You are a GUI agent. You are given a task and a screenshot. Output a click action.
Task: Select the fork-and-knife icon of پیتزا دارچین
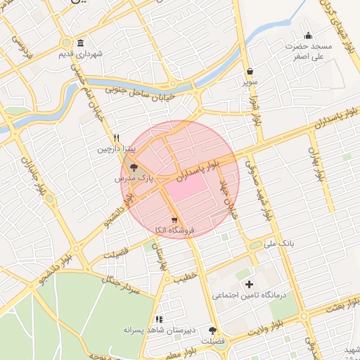117,139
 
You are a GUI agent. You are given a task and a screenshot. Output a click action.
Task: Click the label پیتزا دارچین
114,150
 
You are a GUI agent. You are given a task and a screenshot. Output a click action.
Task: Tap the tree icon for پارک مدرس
134,167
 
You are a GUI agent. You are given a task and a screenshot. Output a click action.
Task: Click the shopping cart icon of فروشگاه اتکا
174,219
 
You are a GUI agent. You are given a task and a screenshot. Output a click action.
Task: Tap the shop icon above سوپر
250,71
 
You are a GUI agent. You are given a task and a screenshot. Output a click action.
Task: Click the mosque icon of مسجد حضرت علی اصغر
307,36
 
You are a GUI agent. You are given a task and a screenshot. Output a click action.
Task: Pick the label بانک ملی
278,243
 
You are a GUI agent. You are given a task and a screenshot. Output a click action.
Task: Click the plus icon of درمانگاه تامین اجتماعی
248,284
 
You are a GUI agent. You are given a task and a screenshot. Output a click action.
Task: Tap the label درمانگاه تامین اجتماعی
250,296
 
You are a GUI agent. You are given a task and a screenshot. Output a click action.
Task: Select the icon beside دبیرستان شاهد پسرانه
159,319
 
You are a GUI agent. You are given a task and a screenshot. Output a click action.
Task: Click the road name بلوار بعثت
341,303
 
